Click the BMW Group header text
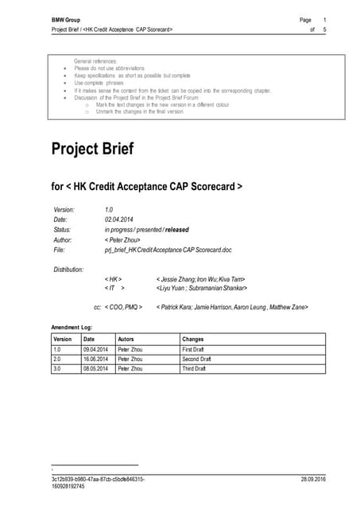click(x=68, y=18)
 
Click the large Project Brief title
click(x=92, y=149)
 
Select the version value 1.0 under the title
click(x=110, y=209)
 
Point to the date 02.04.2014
click(x=120, y=219)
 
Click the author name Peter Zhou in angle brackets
click(x=123, y=239)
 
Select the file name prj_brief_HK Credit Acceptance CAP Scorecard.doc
click(x=168, y=250)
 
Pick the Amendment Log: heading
click(x=72, y=328)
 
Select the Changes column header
click(x=193, y=339)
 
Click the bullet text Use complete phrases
click(x=99, y=83)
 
